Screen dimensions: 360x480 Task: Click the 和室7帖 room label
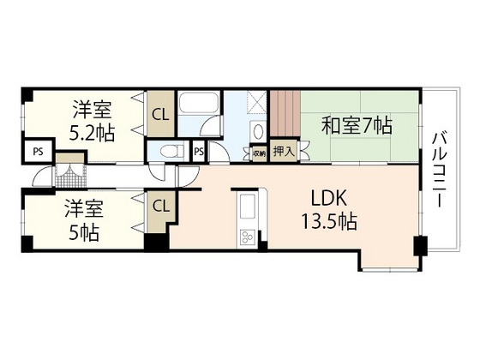[x=357, y=126]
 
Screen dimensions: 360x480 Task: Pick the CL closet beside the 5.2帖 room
[x=159, y=112]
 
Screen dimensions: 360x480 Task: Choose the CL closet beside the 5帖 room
[x=160, y=206]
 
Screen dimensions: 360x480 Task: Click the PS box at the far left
[x=37, y=152]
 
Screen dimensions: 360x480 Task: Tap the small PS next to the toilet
[x=199, y=152]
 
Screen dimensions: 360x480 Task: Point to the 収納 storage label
[x=259, y=152]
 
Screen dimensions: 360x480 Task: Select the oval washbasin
[x=258, y=131]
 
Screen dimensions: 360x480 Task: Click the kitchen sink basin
[x=245, y=207]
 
